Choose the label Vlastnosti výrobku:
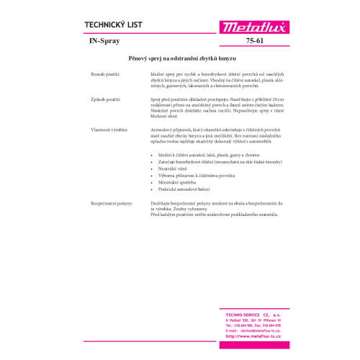coord(105,129)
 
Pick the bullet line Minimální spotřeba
coord(177,181)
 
